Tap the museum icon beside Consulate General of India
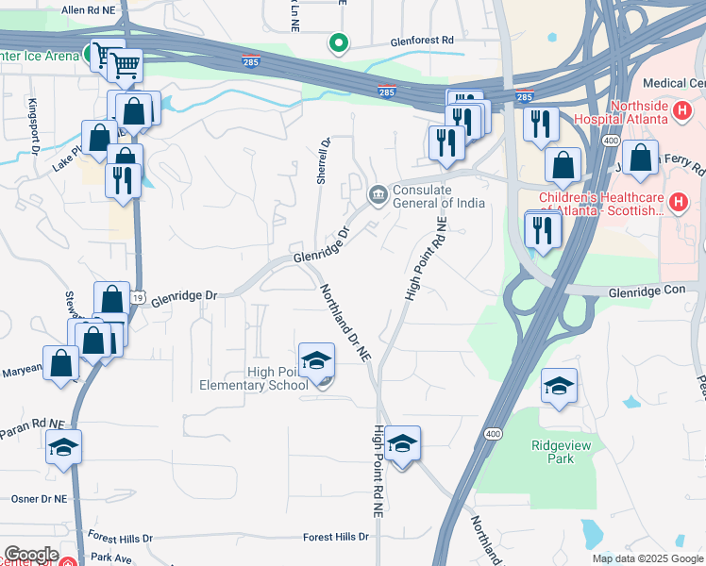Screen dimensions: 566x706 point(378,195)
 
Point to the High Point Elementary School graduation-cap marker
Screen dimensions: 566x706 point(316,360)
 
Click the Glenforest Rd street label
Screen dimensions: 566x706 point(423,42)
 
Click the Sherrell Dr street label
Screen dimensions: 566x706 point(323,161)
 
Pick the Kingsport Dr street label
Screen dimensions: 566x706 point(33,125)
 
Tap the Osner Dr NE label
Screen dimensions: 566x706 point(39,498)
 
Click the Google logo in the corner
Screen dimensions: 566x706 point(30,555)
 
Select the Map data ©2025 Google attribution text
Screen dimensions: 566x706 point(647,558)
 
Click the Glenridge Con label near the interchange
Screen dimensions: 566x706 point(647,291)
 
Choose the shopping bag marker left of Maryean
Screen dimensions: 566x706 point(61,364)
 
